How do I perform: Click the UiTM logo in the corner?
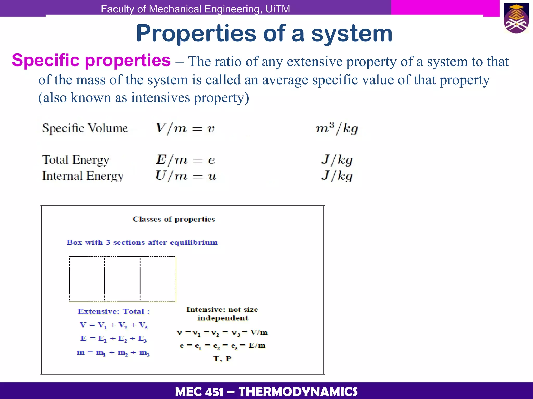516,18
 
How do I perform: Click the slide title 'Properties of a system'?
264,34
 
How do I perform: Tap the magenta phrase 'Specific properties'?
91,60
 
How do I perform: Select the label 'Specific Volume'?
85,128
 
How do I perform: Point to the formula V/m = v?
185,128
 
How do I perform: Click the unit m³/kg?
337,128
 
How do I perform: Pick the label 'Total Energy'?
75,160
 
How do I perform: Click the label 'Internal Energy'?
83,176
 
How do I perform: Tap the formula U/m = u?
186,176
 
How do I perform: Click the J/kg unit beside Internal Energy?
337,176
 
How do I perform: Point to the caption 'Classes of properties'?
174,219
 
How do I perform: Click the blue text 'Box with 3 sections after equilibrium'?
142,243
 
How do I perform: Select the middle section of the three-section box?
122,279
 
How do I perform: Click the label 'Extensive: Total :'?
114,311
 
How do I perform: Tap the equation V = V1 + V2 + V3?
114,325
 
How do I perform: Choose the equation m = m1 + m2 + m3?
113,353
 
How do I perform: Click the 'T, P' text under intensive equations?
222,359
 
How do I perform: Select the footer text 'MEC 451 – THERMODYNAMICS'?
266,391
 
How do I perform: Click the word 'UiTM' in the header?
278,9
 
